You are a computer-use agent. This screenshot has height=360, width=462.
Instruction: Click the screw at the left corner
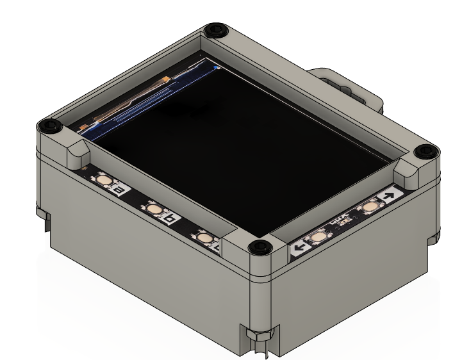[50, 126]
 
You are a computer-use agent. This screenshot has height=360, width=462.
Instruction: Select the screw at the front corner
[258, 246]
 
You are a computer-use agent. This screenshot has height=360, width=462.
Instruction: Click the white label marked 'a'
[119, 190]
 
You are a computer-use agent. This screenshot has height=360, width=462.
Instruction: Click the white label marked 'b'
[170, 219]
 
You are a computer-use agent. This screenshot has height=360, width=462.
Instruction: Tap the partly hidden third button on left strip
[204, 238]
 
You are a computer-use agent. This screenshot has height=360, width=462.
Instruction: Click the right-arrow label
[389, 195]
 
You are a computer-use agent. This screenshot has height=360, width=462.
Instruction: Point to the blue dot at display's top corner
[217, 66]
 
